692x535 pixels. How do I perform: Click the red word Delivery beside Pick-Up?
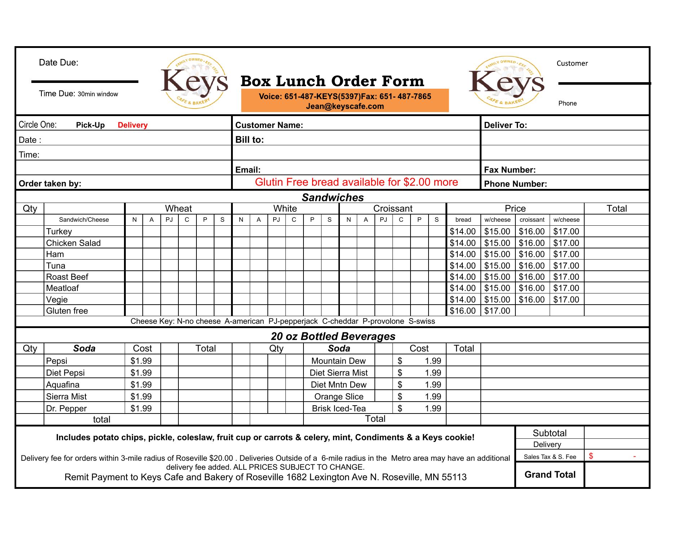(x=133, y=125)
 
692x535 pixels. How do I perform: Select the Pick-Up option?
(x=90, y=125)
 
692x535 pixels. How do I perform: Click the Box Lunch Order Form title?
(x=332, y=81)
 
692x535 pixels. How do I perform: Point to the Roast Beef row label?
(x=67, y=277)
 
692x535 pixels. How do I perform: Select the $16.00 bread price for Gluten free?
(x=463, y=311)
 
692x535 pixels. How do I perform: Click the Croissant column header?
(x=392, y=208)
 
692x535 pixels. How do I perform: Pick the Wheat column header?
(x=178, y=208)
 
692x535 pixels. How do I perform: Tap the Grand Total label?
(x=550, y=474)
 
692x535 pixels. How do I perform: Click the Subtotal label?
(x=550, y=433)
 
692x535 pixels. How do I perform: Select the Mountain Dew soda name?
(x=338, y=361)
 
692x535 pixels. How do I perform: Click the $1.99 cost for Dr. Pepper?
(x=141, y=408)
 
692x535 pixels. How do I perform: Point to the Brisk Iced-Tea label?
(x=339, y=408)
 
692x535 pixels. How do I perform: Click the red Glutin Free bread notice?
(x=356, y=182)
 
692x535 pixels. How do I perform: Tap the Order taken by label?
(x=50, y=184)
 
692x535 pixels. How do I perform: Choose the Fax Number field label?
(x=510, y=170)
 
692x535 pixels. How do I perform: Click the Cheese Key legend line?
(x=283, y=321)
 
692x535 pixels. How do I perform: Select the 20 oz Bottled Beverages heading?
(x=333, y=336)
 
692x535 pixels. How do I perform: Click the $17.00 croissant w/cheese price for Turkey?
(x=566, y=231)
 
